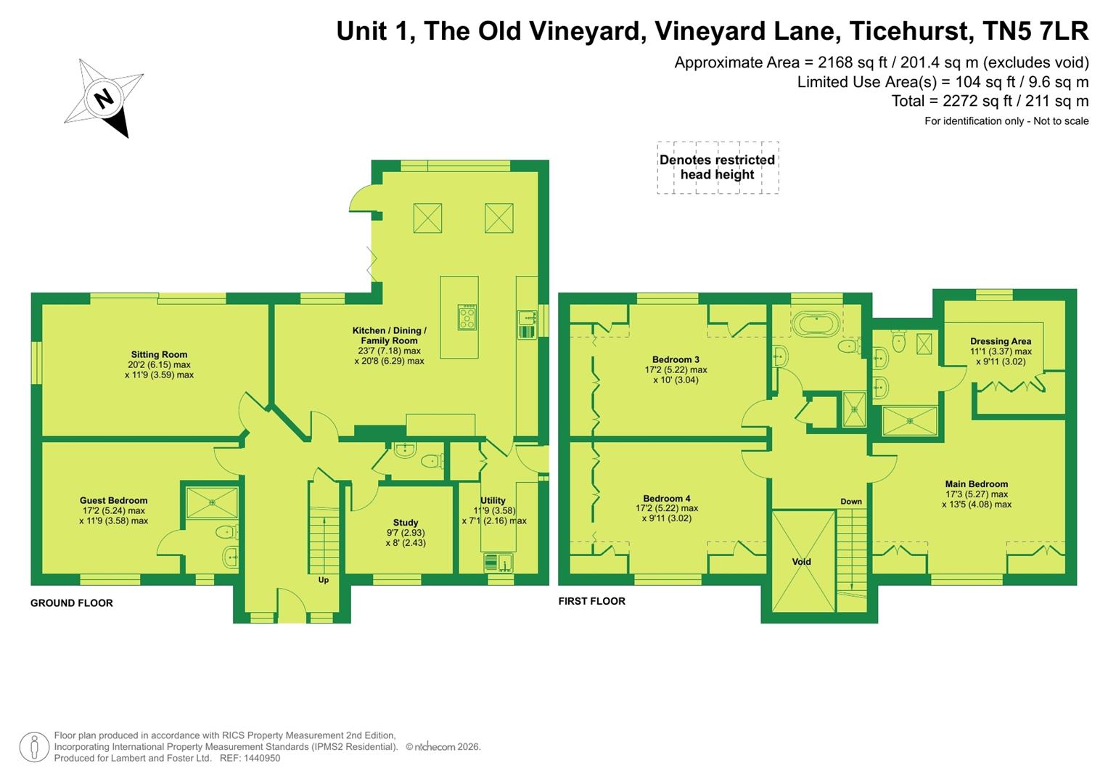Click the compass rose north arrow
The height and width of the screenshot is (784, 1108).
104,98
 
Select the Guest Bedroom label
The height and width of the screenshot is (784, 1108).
114,500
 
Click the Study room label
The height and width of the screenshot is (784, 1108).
406,523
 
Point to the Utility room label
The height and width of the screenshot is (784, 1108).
493,500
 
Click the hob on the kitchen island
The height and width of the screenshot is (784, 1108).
467,317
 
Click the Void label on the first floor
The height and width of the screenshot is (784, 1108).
802,561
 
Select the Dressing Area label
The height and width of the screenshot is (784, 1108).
1001,341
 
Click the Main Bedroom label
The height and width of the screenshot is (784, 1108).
976,484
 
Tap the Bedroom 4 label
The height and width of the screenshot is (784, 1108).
667,498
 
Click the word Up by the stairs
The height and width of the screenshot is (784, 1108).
324,580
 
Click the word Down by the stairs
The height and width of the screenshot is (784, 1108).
851,502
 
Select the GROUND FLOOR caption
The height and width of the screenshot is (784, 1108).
72,603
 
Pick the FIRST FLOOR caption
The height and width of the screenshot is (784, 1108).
591,601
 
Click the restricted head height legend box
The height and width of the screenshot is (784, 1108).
718,168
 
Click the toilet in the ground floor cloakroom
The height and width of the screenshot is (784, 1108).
430,460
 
